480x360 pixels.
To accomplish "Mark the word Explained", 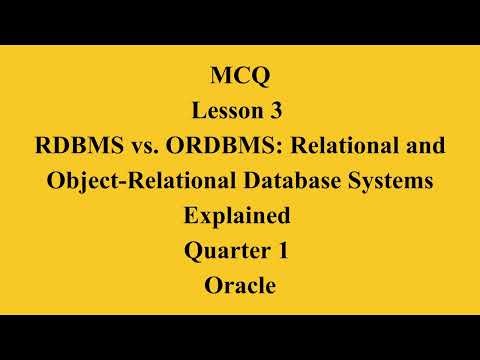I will (x=236, y=216).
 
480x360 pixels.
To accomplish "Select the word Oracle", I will (x=239, y=287).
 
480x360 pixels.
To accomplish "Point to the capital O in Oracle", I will (x=213, y=287).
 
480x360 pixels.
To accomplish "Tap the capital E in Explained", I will (x=191, y=216).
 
